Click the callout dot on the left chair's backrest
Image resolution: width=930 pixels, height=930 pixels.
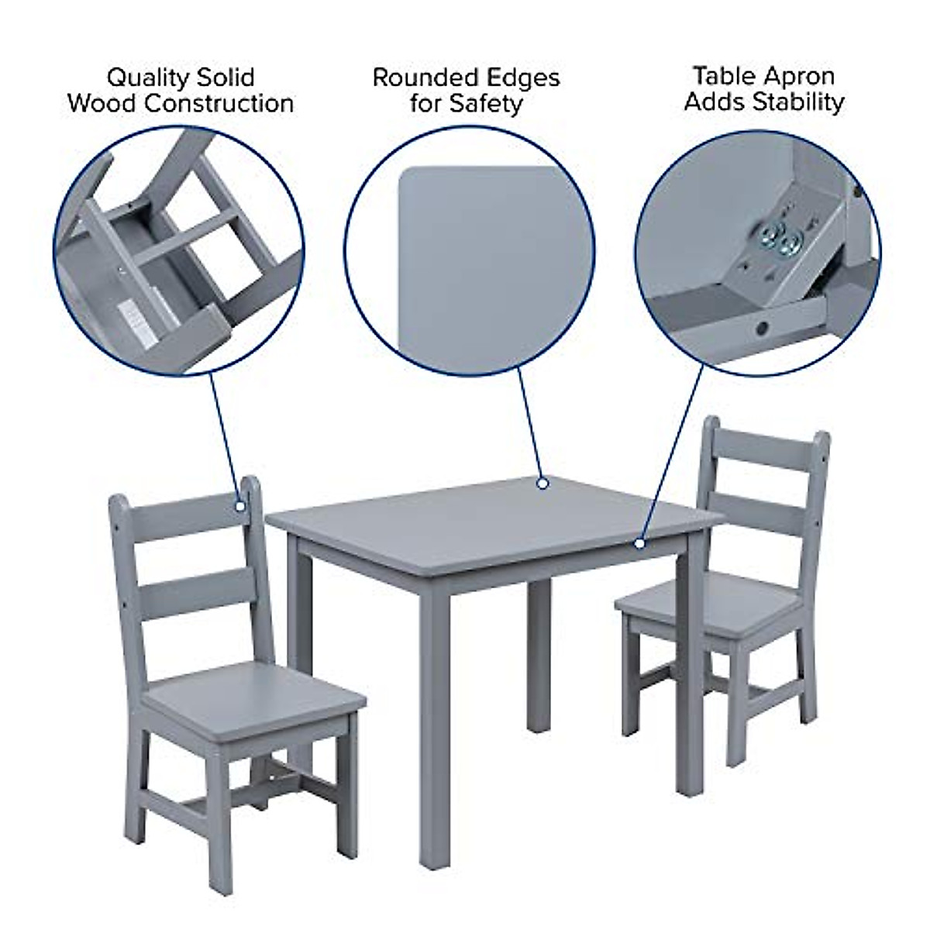[x=240, y=506]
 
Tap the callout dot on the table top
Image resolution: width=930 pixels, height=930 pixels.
[x=543, y=484]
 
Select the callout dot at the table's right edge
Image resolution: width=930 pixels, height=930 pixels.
[x=639, y=542]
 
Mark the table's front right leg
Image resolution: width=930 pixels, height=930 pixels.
[x=686, y=674]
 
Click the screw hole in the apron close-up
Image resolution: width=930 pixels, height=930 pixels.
[x=763, y=329]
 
